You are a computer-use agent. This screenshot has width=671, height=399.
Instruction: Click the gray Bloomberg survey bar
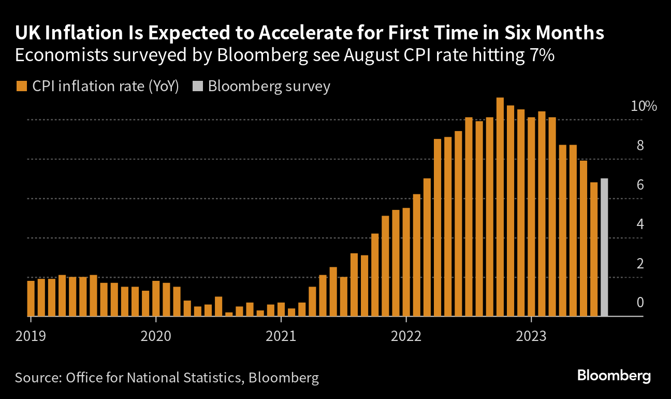point(604,248)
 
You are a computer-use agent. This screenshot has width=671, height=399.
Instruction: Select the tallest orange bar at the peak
point(500,207)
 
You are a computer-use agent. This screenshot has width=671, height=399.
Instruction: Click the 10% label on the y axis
point(644,107)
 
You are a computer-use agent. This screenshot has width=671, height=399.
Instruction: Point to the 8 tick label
point(640,146)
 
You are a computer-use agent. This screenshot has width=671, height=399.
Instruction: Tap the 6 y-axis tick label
point(640,185)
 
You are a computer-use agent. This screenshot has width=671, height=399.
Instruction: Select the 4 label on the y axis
point(640,224)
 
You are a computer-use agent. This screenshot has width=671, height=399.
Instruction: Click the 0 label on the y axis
point(640,303)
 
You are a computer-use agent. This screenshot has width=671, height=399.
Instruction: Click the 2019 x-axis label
point(31,336)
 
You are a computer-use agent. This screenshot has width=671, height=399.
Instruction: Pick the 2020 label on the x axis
point(156,336)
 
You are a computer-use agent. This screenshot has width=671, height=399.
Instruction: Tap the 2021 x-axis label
point(281,336)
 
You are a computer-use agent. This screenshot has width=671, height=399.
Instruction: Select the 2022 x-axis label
point(406,336)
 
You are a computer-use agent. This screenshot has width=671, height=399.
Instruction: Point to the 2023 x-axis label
point(531,336)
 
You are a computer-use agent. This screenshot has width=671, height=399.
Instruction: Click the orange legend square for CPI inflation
point(21,87)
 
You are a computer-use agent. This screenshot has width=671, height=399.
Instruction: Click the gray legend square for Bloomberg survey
point(197,87)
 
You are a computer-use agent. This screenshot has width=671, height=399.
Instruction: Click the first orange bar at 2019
point(31,298)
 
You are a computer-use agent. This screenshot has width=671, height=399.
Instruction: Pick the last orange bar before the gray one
point(594,249)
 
